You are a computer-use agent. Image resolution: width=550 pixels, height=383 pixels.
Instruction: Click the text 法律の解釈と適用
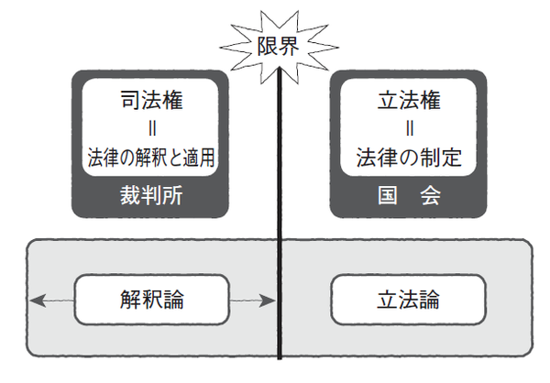[149, 159]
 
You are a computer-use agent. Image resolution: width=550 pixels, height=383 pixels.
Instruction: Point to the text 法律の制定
[405, 159]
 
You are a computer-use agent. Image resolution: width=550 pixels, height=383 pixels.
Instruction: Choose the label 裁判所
[149, 196]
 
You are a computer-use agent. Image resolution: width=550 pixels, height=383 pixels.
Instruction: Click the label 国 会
[405, 196]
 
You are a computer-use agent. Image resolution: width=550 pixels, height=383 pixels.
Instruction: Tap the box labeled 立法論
[405, 299]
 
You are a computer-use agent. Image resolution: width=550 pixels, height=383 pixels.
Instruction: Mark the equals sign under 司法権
[149, 129]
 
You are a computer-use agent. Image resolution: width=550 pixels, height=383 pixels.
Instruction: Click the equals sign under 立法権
[405, 129]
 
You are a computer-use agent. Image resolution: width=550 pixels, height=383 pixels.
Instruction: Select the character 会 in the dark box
[425, 196]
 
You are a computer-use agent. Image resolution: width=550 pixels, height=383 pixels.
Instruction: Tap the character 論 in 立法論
[427, 299]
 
